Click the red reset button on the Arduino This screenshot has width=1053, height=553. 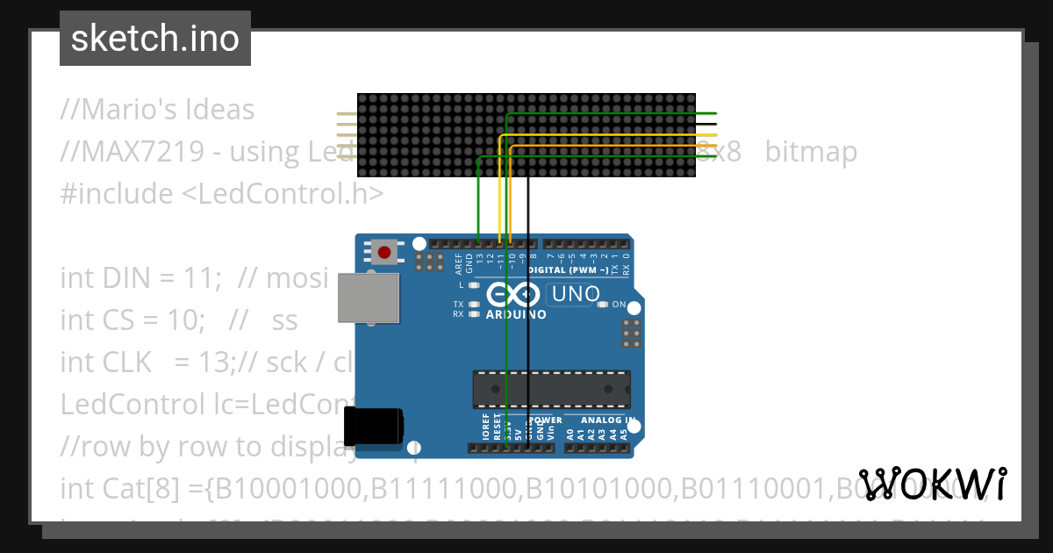pyautogui.click(x=383, y=253)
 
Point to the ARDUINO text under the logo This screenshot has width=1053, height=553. pyautogui.click(x=515, y=314)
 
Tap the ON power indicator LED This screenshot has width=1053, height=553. pyautogui.click(x=602, y=305)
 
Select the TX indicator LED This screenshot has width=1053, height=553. pyautogui.click(x=474, y=305)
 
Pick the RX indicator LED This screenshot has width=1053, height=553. pyautogui.click(x=474, y=313)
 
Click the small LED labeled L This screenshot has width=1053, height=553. pyautogui.click(x=474, y=285)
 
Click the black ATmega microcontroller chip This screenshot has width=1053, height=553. pyautogui.click(x=551, y=390)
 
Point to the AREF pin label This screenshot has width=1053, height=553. pyautogui.click(x=458, y=262)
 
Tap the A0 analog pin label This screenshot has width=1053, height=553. pyautogui.click(x=570, y=433)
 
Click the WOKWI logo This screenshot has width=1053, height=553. pyautogui.click(x=932, y=485)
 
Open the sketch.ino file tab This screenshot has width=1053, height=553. pyautogui.click(x=154, y=39)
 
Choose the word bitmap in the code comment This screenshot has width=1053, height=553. pyautogui.click(x=811, y=152)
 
